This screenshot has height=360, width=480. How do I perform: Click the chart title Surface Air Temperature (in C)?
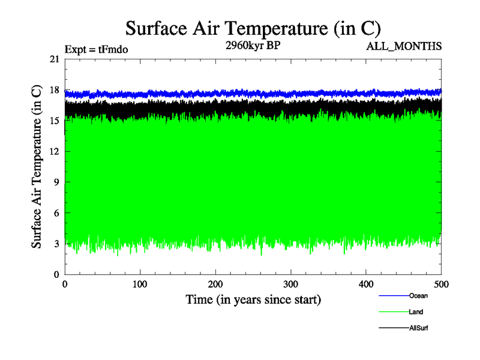click(253, 28)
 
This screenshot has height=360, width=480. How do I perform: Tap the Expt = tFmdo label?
click(96, 49)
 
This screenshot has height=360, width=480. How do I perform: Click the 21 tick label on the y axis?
click(55, 59)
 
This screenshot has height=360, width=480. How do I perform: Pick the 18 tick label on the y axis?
click(55, 90)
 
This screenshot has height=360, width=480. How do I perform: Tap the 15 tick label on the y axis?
click(55, 121)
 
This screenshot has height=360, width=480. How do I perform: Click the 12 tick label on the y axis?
click(55, 151)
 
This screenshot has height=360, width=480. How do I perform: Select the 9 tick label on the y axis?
click(56, 182)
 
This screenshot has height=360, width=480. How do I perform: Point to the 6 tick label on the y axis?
click(56, 213)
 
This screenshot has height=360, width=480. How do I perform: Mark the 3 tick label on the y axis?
click(56, 244)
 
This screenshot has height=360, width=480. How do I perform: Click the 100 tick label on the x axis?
click(140, 284)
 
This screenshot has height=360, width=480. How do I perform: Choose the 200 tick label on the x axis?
click(215, 284)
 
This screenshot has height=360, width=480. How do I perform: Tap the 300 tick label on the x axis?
click(291, 284)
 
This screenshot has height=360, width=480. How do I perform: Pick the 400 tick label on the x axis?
click(366, 284)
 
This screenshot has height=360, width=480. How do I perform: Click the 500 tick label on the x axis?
click(441, 284)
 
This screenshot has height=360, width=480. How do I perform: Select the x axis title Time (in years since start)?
click(253, 299)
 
